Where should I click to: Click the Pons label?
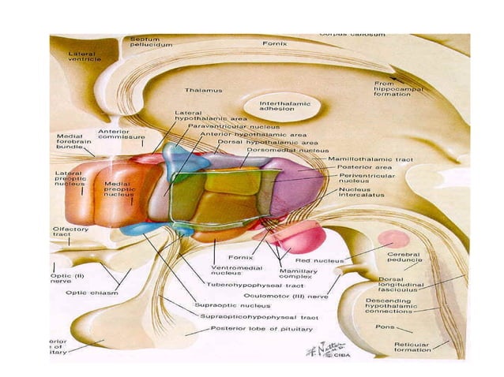point(384,325)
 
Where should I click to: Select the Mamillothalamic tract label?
point(365,158)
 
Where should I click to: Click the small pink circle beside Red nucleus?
point(393,238)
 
